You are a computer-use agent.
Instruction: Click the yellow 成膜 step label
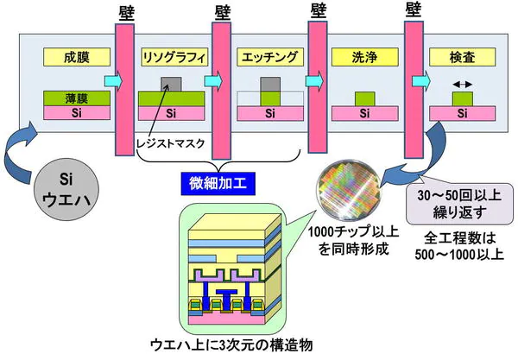[76, 60]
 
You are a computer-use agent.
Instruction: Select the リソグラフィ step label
[173, 60]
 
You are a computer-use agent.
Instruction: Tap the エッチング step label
[268, 60]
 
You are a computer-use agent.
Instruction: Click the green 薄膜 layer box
[76, 98]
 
